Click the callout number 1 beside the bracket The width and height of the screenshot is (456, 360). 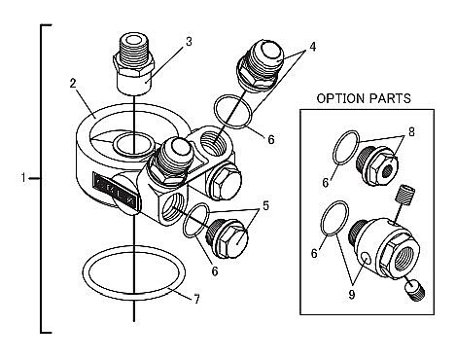pyautogui.click(x=23, y=178)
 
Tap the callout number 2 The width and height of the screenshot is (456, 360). pyautogui.click(x=73, y=83)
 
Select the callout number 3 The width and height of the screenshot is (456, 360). pyautogui.click(x=189, y=42)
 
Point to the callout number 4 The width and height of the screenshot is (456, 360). pyautogui.click(x=312, y=47)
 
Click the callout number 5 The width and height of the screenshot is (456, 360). pyautogui.click(x=265, y=205)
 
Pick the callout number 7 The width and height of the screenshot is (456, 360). pyautogui.click(x=196, y=299)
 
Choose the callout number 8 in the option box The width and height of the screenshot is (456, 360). pyautogui.click(x=411, y=132)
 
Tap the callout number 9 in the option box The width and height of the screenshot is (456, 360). pyautogui.click(x=352, y=294)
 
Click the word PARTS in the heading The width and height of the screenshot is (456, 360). pyautogui.click(x=391, y=98)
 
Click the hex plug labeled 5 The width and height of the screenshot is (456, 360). pyautogui.click(x=227, y=238)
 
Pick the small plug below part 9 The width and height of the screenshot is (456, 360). pyautogui.click(x=415, y=291)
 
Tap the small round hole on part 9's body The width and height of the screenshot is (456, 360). pyautogui.click(x=366, y=259)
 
